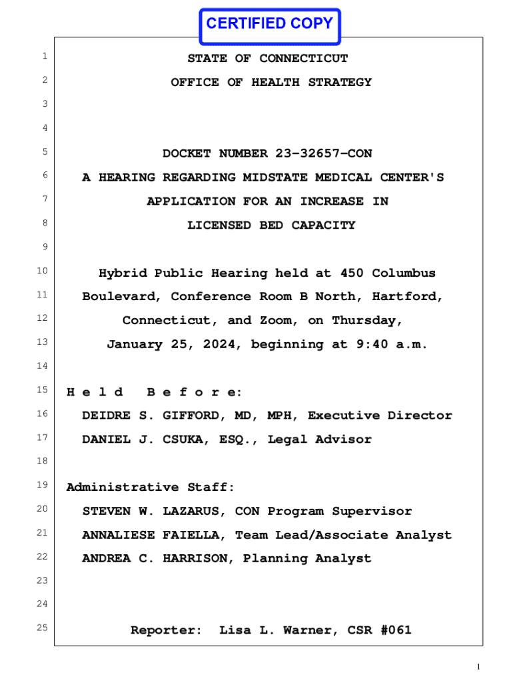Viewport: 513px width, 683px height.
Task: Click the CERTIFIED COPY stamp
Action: (269, 25)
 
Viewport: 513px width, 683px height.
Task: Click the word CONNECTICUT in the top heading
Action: (304, 59)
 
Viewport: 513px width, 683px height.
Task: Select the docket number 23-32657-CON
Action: (324, 154)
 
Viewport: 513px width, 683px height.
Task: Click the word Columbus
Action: (404, 273)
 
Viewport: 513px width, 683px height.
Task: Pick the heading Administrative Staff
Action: (150, 488)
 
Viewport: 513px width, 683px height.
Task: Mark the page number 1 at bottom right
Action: (478, 667)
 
